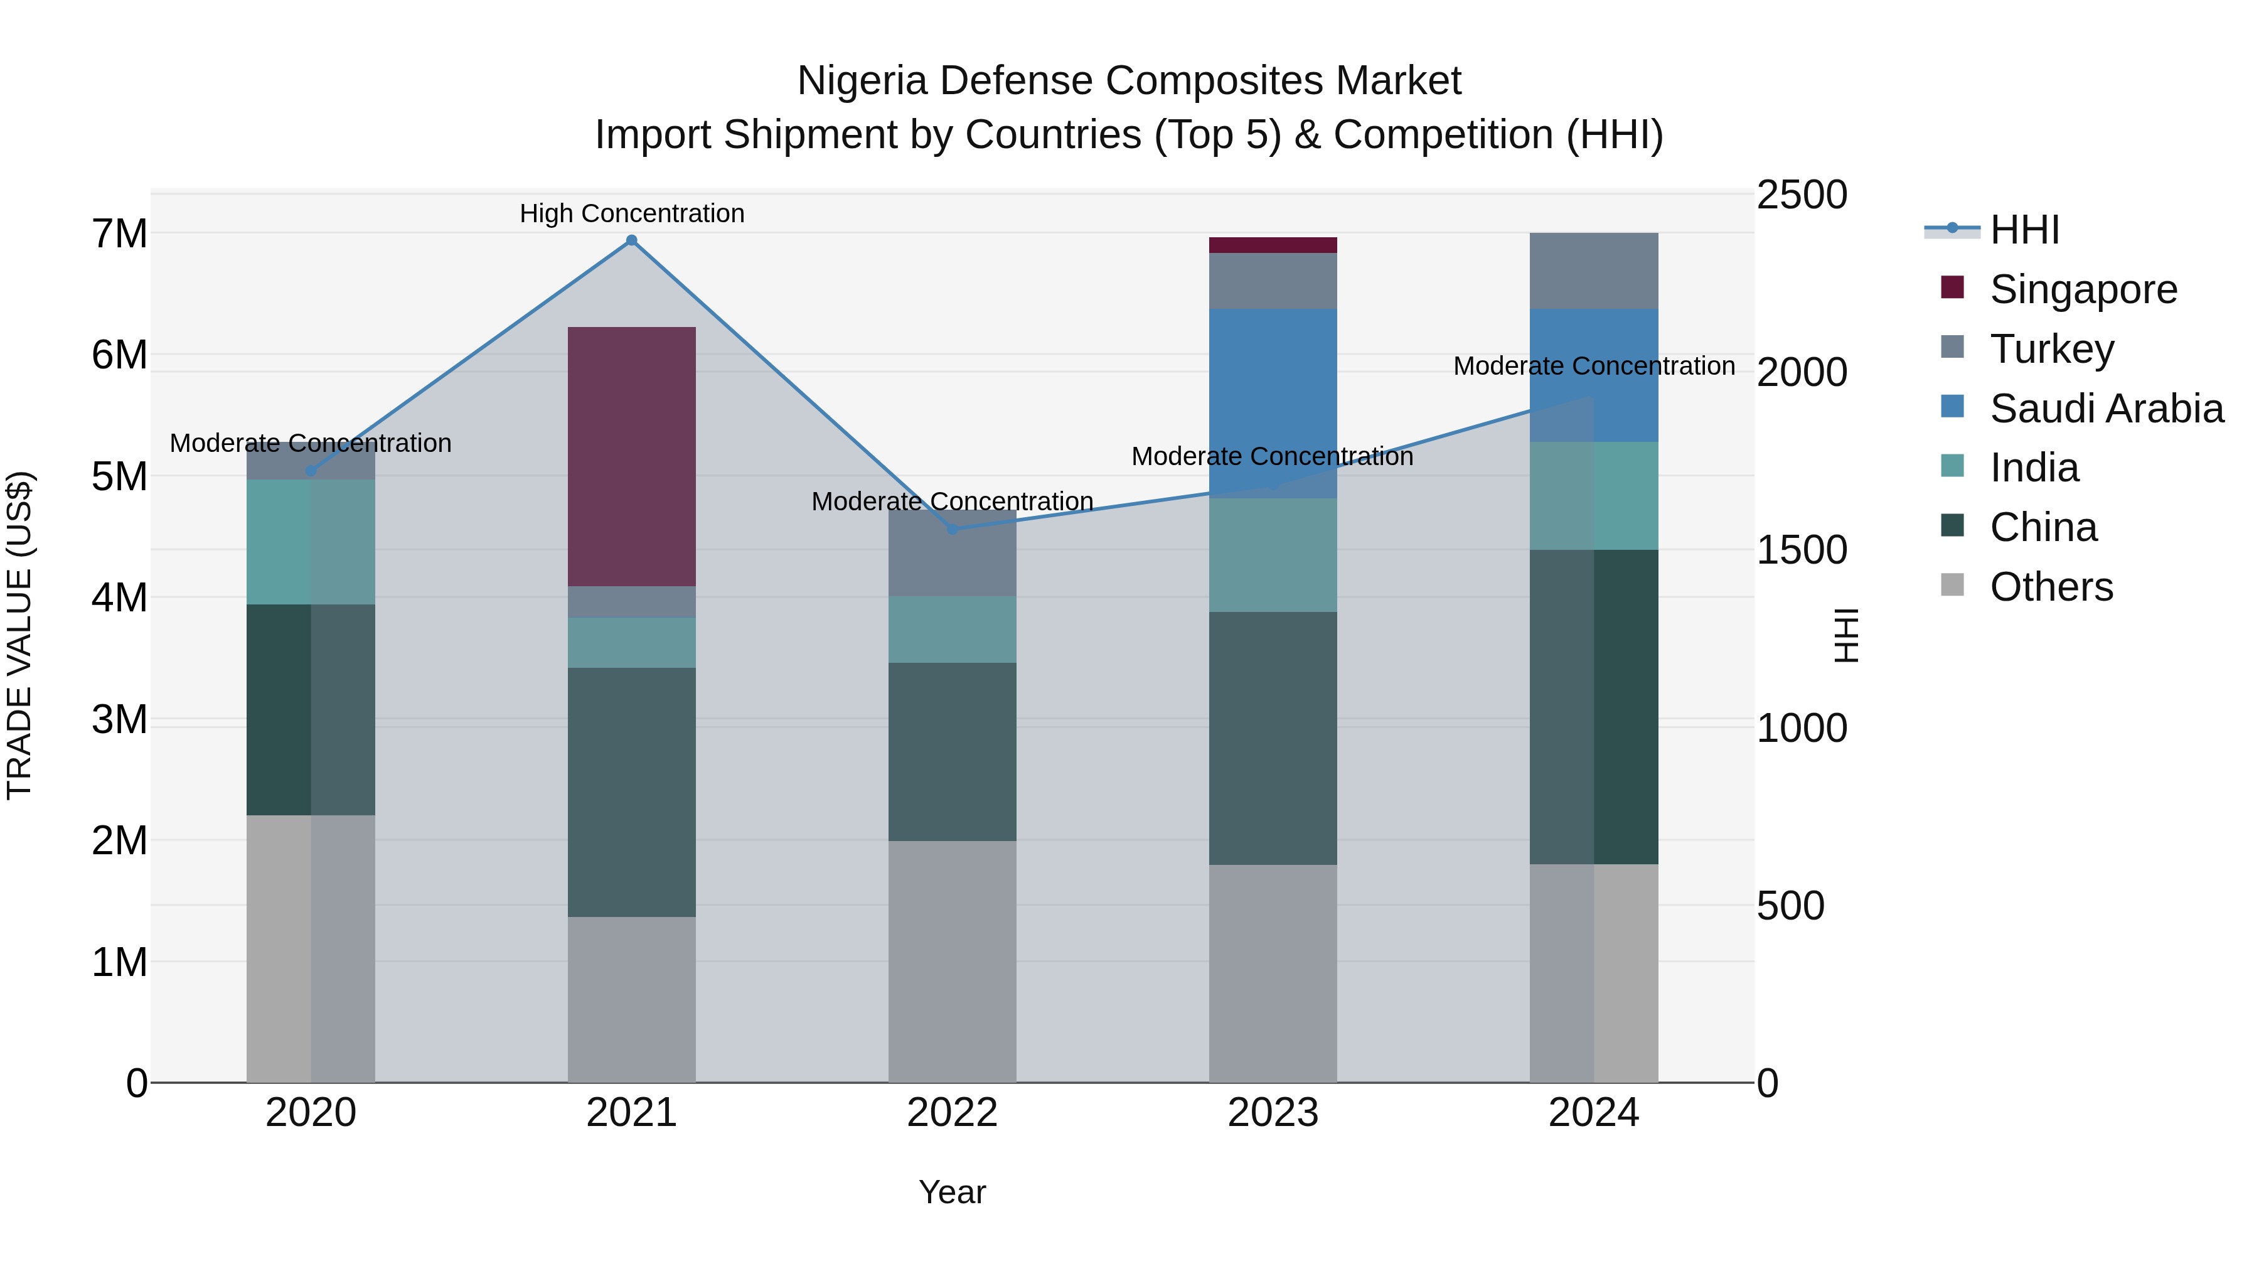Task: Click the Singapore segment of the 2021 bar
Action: click(631, 456)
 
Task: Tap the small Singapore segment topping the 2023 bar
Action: click(1273, 245)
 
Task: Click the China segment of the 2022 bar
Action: click(953, 752)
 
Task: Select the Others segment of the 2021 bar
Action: click(631, 999)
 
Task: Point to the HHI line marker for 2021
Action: click(631, 240)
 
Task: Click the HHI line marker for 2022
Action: click(953, 529)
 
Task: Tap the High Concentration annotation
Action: click(631, 213)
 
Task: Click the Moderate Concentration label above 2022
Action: click(953, 501)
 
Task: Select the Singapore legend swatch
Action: click(1952, 287)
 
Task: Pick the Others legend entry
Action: click(2050, 586)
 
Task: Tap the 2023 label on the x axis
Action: click(1273, 1112)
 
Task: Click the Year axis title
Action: click(953, 1192)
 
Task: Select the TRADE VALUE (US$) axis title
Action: click(19, 635)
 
